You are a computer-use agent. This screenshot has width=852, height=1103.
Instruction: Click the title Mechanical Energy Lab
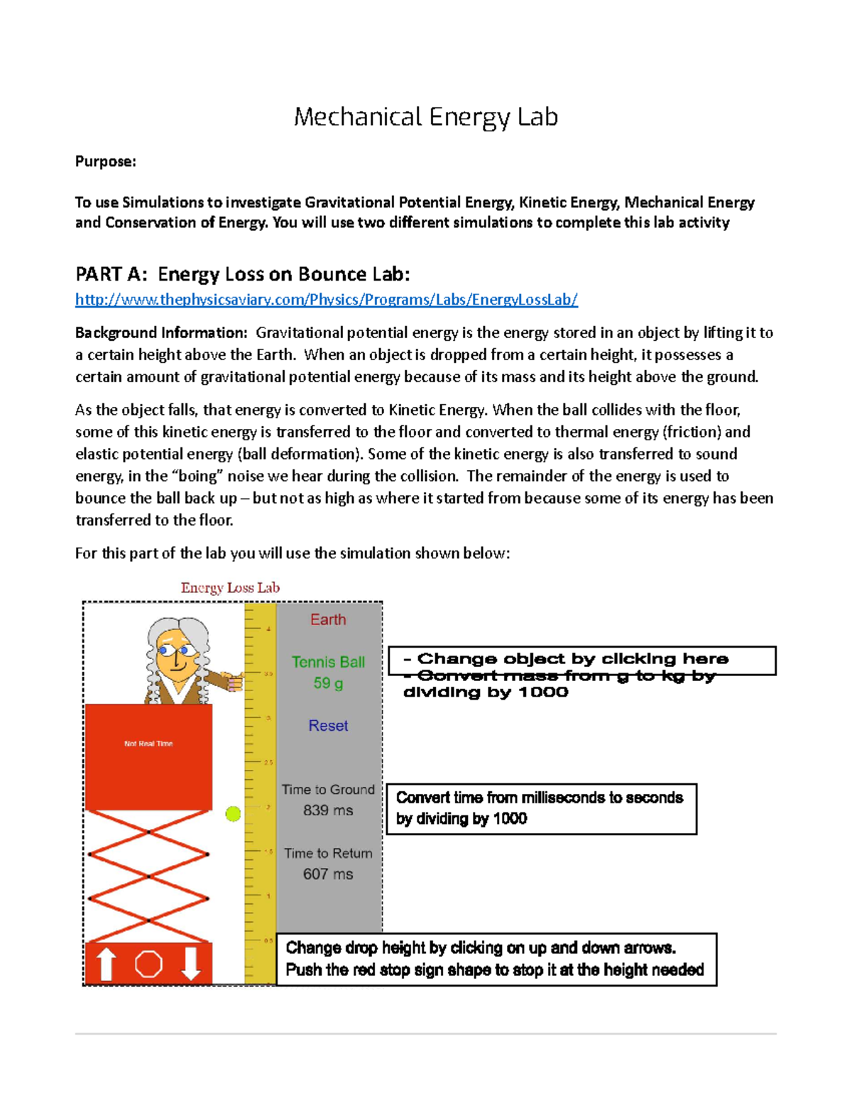tap(426, 116)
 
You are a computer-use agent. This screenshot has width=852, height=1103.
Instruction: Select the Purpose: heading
tap(105, 162)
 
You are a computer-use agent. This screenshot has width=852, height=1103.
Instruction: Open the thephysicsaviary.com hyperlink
tap(327, 300)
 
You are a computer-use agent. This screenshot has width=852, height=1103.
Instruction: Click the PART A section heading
tap(242, 274)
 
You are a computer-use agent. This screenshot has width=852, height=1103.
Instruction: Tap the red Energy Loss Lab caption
tap(230, 588)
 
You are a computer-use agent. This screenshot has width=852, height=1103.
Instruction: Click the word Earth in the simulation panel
tap(328, 619)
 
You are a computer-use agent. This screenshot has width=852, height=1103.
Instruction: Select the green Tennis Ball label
tap(328, 662)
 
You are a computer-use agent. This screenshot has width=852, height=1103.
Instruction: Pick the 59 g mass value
tap(328, 683)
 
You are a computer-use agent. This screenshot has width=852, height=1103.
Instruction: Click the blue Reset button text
tap(328, 726)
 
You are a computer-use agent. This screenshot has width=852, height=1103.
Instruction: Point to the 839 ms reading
tap(328, 810)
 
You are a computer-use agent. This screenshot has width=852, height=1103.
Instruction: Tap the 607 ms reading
tap(328, 874)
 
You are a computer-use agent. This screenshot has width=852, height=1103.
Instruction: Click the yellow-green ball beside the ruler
tap(233, 814)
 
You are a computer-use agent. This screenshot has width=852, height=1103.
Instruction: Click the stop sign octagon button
tap(148, 964)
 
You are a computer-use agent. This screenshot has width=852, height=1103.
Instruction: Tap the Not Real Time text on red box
tap(148, 744)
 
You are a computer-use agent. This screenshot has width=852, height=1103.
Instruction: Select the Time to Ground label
tap(328, 790)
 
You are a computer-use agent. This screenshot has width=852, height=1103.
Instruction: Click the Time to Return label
tap(328, 854)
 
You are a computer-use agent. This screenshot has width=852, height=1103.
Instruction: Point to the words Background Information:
tap(161, 333)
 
